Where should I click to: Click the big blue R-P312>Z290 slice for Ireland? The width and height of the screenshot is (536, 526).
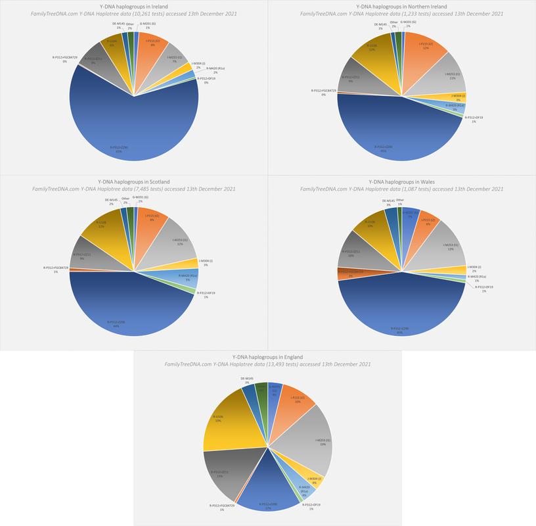point(131,125)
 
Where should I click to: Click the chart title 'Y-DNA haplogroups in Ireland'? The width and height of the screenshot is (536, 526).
point(133,7)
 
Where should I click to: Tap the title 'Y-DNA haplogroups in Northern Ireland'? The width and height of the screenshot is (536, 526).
point(401,7)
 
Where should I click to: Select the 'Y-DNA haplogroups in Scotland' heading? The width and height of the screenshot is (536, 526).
point(133,181)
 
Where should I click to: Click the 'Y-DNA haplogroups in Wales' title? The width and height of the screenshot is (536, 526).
point(401,181)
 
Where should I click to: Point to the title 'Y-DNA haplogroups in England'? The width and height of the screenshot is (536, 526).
point(267,356)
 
